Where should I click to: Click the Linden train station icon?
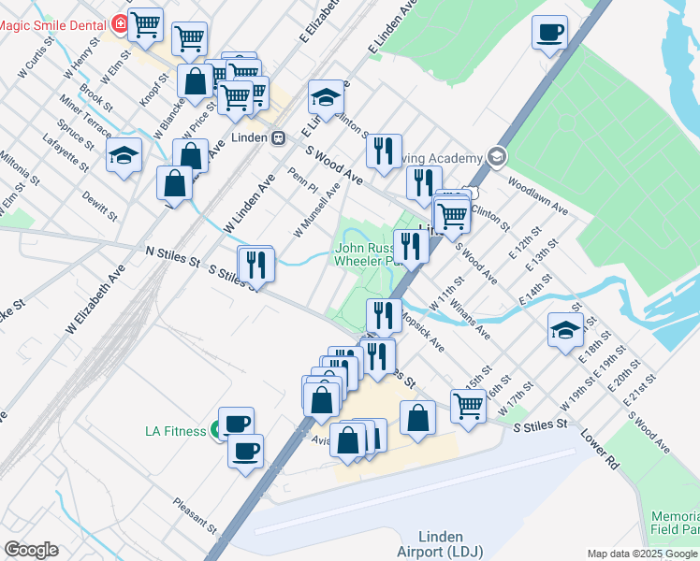[x=278, y=137]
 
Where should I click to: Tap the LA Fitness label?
[x=175, y=431]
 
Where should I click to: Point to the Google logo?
[x=31, y=549]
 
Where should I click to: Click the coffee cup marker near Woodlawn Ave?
[x=549, y=33]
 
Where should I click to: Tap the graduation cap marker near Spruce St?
[x=124, y=157]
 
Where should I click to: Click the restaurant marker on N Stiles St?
[x=255, y=264]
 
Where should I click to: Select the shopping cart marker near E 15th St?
[x=468, y=406]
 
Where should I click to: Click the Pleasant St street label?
[x=195, y=515]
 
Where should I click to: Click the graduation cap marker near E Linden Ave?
[x=326, y=97]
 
